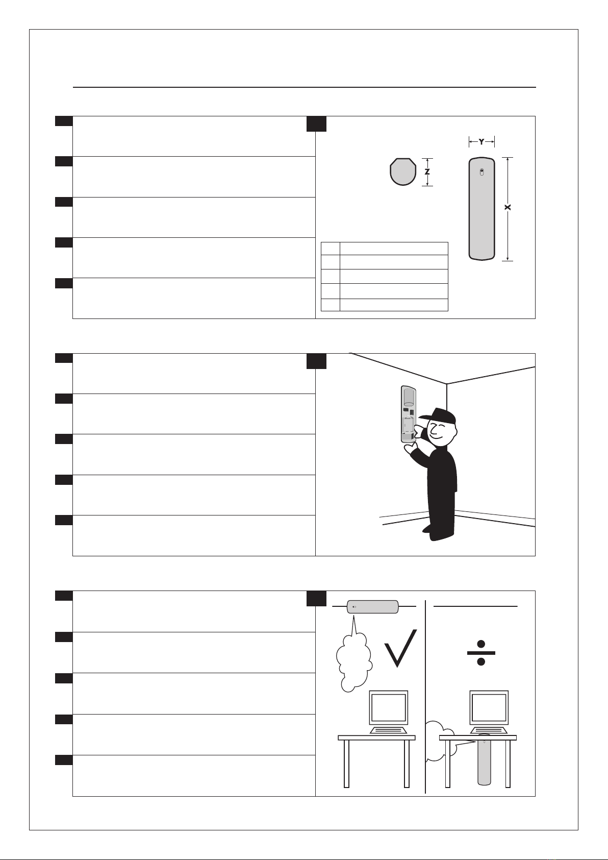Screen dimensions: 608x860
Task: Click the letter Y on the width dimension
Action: (x=482, y=142)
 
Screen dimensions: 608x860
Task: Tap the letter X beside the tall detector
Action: (x=508, y=207)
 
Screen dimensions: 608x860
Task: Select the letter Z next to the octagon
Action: (x=427, y=172)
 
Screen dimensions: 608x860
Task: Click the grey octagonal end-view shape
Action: (x=403, y=171)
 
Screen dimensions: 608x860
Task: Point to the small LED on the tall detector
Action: (x=482, y=173)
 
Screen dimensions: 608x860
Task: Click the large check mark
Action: (x=400, y=648)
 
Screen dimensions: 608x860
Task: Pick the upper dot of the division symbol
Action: (x=482, y=644)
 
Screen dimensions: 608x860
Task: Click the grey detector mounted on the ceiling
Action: (x=372, y=607)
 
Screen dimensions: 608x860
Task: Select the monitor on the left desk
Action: (x=388, y=707)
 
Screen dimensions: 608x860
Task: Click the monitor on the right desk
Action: (x=489, y=707)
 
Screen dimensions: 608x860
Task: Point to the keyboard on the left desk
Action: (x=388, y=730)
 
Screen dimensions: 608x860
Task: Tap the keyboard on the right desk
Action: (x=489, y=730)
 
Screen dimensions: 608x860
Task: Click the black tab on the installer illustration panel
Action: (x=316, y=361)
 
